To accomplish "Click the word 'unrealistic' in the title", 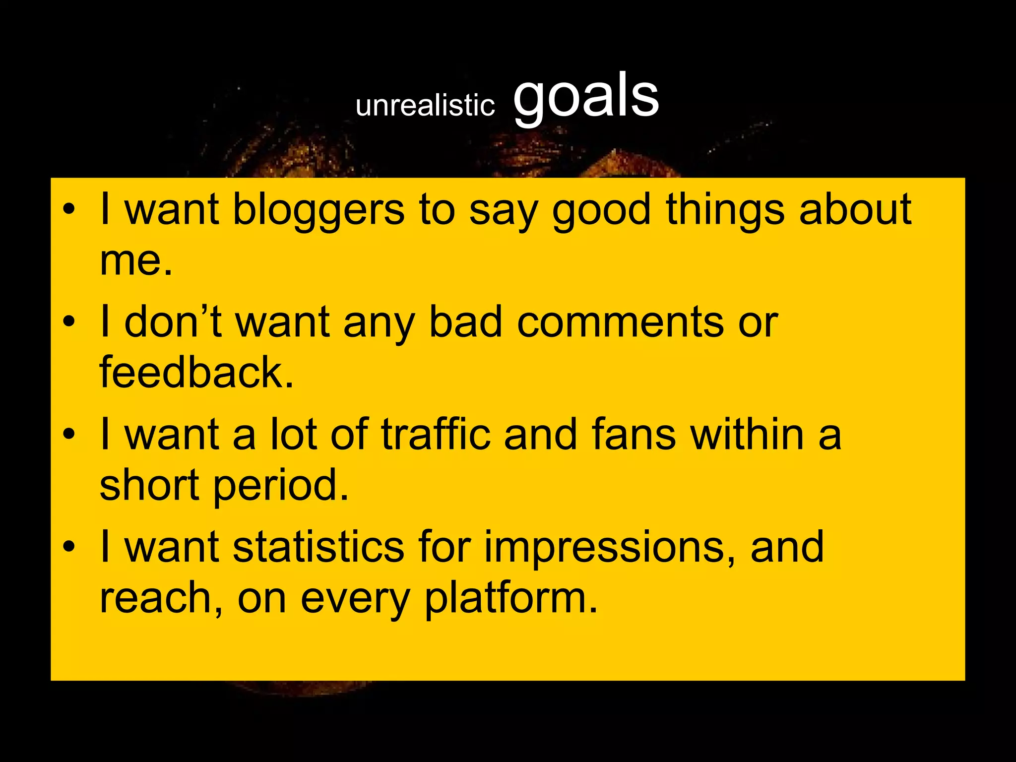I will pos(425,105).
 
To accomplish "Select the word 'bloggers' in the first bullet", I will pos(318,209).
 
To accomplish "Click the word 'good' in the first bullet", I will pos(601,209).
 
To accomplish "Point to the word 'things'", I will pos(725,209).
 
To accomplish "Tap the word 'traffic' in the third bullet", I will pos(435,434).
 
